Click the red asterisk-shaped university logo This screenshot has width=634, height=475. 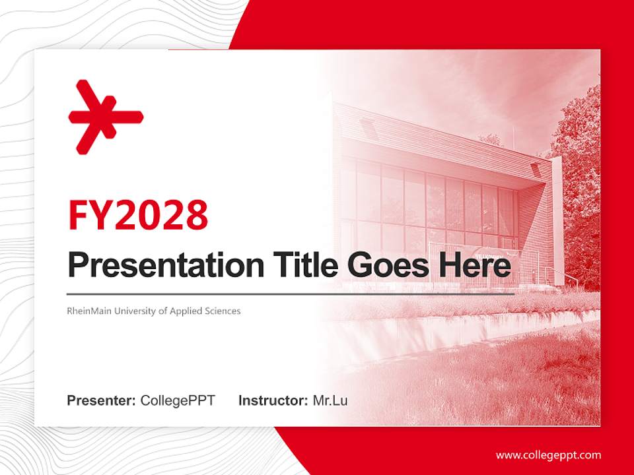click(x=106, y=117)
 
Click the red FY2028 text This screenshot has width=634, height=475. click(x=138, y=215)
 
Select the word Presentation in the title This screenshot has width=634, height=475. click(x=166, y=265)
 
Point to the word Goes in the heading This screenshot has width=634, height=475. click(x=387, y=265)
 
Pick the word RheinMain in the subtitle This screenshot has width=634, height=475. click(x=89, y=311)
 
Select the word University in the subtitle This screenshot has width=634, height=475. click(x=134, y=311)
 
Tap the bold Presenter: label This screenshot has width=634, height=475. click(x=101, y=400)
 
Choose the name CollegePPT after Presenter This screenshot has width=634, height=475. click(x=178, y=400)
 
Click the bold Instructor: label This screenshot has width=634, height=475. click(x=273, y=400)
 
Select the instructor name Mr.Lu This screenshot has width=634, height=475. click(x=330, y=400)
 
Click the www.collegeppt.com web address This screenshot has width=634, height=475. click(x=548, y=455)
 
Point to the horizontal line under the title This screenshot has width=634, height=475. click(x=291, y=294)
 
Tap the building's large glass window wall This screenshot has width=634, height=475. click(x=429, y=206)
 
